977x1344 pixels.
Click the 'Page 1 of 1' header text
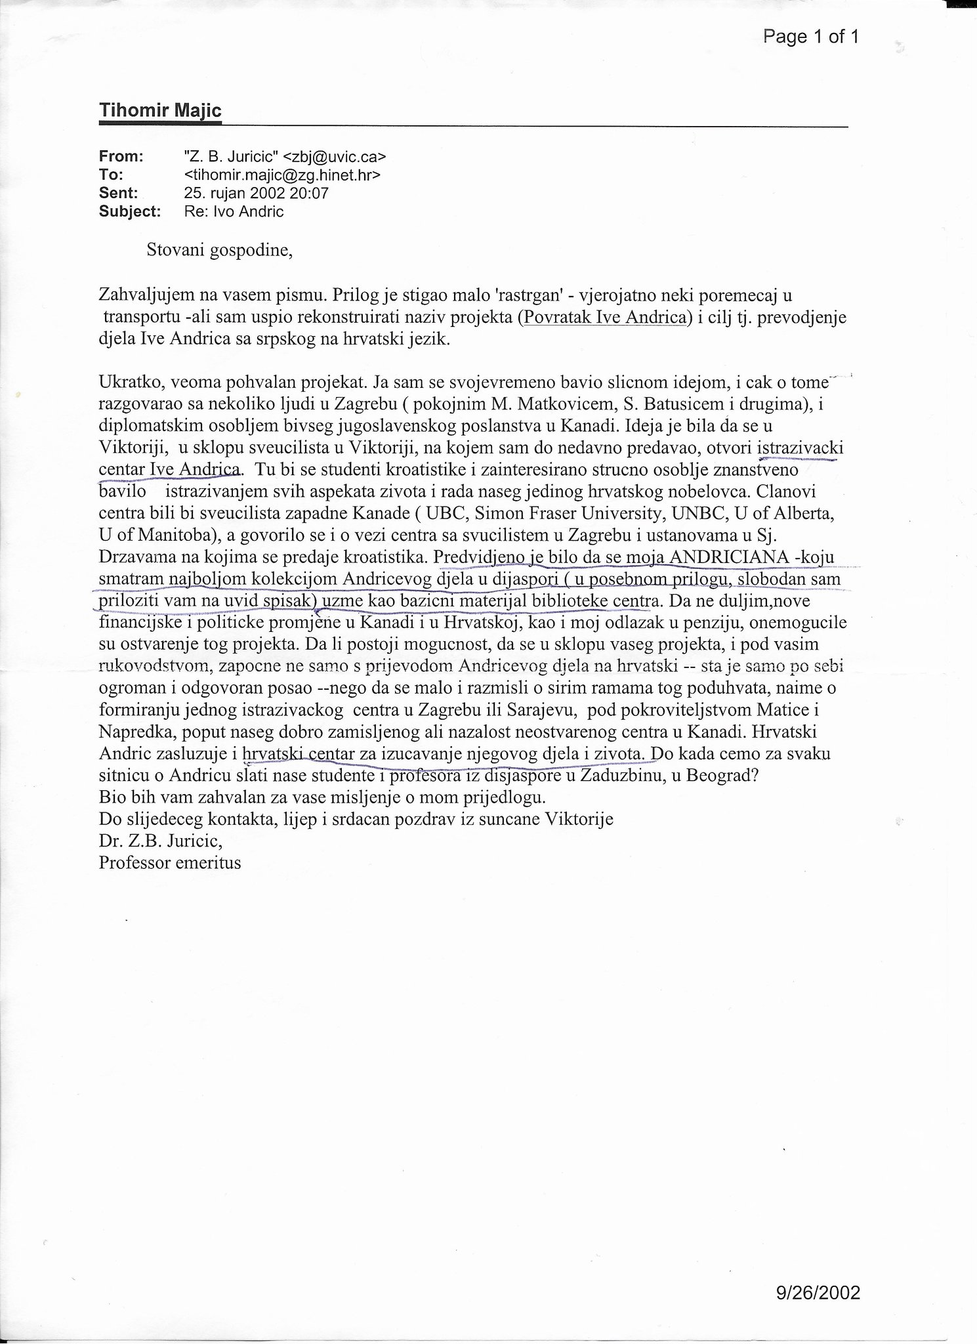[810, 37]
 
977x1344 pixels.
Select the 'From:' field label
[121, 157]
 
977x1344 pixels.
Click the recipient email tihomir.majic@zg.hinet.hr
[282, 175]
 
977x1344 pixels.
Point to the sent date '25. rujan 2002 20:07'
[257, 194]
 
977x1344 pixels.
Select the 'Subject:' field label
[129, 212]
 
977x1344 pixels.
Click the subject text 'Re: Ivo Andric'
[234, 212]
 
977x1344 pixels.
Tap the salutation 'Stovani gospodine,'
[219, 251]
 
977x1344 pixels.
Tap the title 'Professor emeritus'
[170, 863]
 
